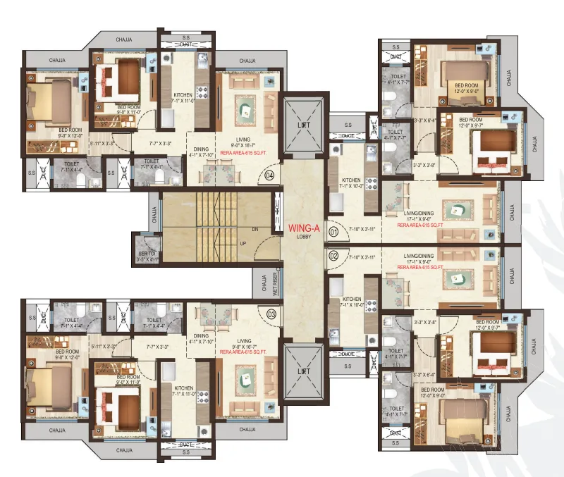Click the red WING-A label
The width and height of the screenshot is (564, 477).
[x=303, y=228]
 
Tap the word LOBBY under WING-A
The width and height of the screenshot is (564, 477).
[x=303, y=237]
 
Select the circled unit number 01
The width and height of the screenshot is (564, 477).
[x=334, y=230]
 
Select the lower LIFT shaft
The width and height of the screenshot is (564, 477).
[x=303, y=371]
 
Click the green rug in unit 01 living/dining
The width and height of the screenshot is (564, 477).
[x=457, y=209]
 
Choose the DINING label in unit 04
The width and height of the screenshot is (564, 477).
[x=203, y=149]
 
